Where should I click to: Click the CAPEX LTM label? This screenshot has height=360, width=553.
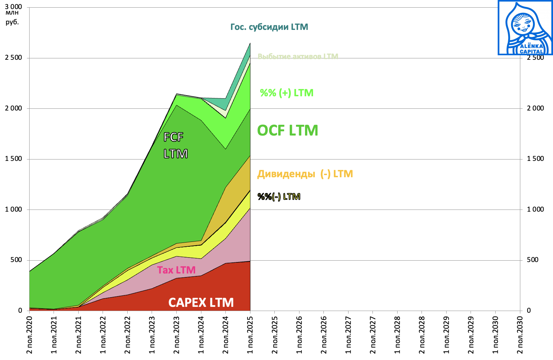pyautogui.click(x=201, y=302)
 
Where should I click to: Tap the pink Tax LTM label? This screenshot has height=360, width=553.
pyautogui.click(x=176, y=270)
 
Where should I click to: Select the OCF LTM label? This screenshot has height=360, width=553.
pyautogui.click(x=287, y=131)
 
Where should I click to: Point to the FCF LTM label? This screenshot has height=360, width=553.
pyautogui.click(x=175, y=145)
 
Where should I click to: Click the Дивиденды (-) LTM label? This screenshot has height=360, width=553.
pyautogui.click(x=305, y=174)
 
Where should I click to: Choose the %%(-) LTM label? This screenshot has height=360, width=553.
pyautogui.click(x=279, y=197)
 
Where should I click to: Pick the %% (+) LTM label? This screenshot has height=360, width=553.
pyautogui.click(x=287, y=93)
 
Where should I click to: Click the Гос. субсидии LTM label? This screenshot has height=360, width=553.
pyautogui.click(x=269, y=27)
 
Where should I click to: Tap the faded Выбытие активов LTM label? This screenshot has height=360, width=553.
pyautogui.click(x=298, y=56)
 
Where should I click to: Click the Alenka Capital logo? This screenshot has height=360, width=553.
pyautogui.click(x=525, y=28)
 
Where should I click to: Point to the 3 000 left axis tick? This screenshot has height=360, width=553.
pyautogui.click(x=14, y=7)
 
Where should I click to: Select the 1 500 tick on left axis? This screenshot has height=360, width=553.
pyautogui.click(x=14, y=159)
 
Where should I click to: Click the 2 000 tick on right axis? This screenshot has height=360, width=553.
pyautogui.click(x=535, y=108)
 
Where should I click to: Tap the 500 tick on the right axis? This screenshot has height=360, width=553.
pyautogui.click(x=532, y=260)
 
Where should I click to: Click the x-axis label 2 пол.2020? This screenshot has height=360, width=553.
pyautogui.click(x=30, y=335)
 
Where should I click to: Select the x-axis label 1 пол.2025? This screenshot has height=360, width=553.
pyautogui.click(x=250, y=335)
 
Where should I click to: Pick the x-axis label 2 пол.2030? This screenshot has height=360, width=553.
pyautogui.click(x=520, y=335)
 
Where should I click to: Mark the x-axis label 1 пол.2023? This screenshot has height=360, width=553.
pyautogui.click(x=152, y=335)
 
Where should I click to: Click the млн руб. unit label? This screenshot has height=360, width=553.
pyautogui.click(x=12, y=18)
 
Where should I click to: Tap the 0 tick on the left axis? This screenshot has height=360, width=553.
pyautogui.click(x=20, y=311)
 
